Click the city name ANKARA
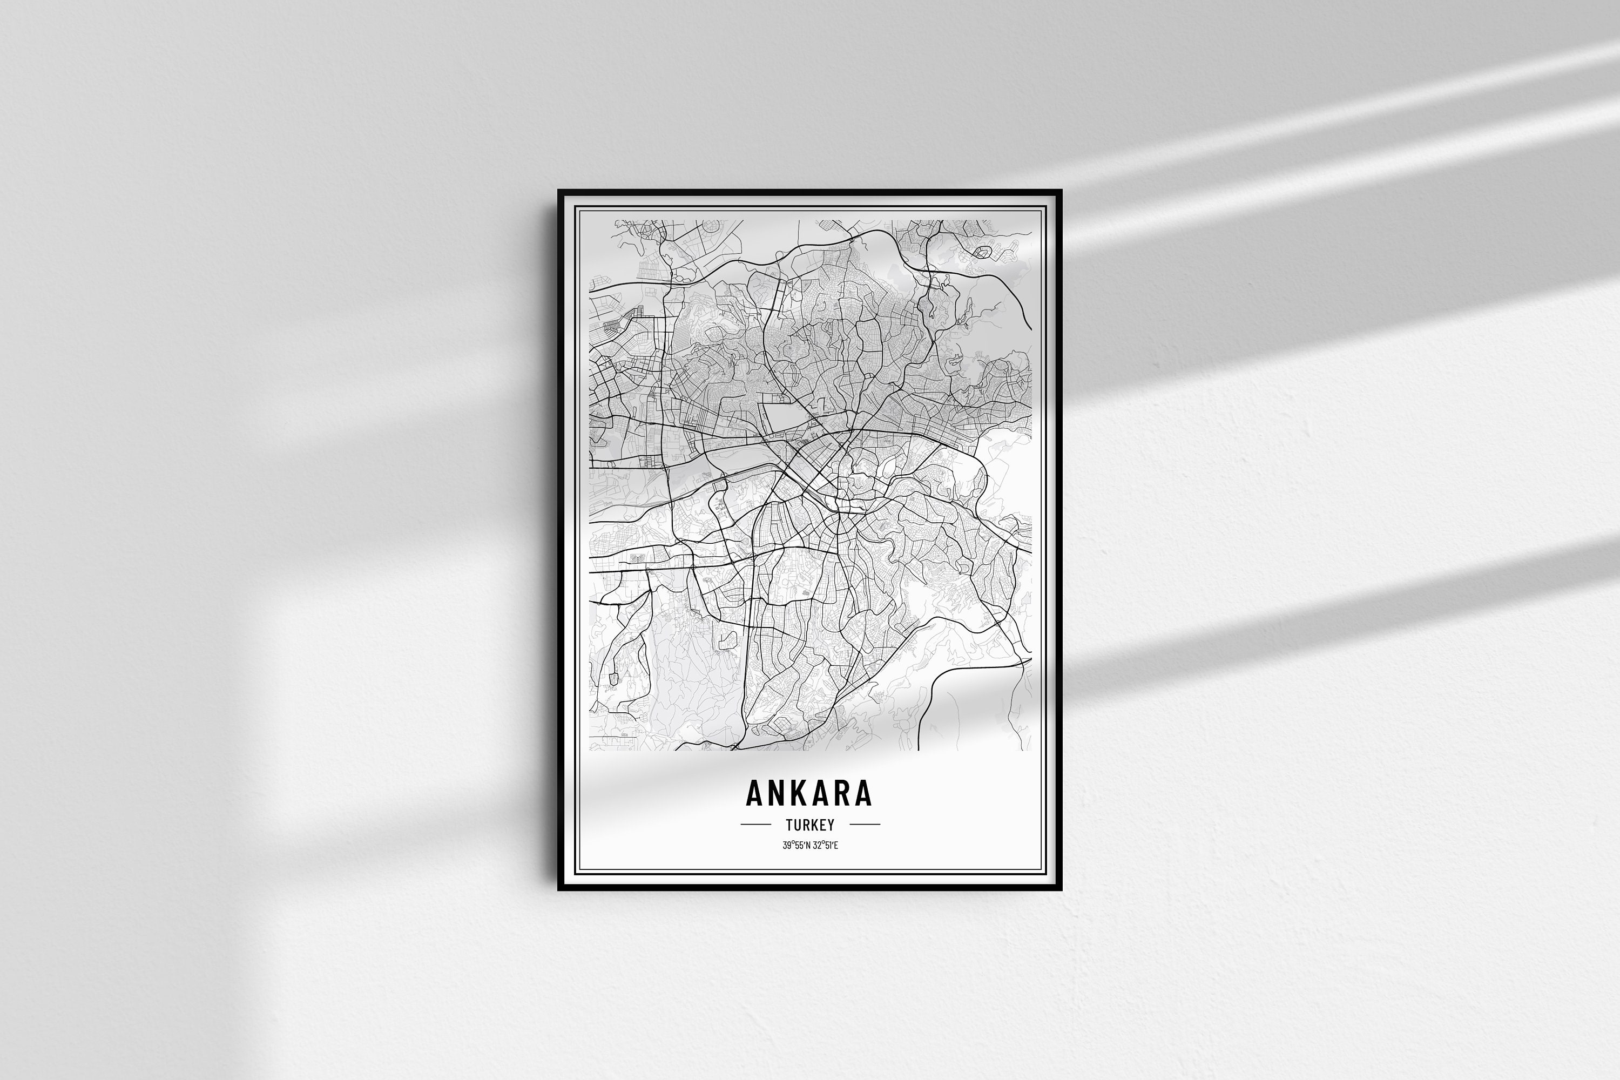[x=809, y=793]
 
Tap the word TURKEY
[x=809, y=825]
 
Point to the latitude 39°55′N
[x=795, y=845]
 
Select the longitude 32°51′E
[x=825, y=845]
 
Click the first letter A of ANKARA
[x=754, y=793]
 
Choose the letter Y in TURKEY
[x=831, y=825]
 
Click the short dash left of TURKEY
[x=755, y=824]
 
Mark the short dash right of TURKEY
[x=865, y=824]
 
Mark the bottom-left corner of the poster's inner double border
[x=577, y=872]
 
